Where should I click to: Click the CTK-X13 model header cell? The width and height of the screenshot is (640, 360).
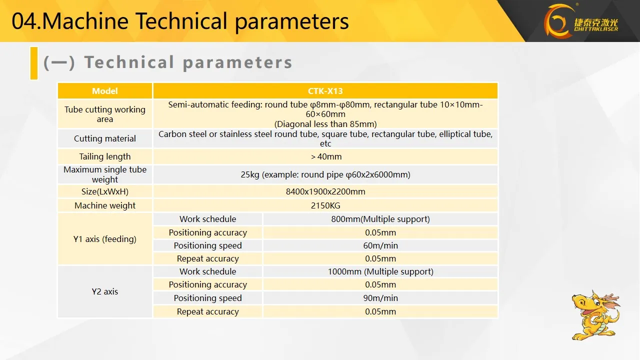(x=325, y=91)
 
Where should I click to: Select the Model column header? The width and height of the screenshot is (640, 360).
(x=105, y=91)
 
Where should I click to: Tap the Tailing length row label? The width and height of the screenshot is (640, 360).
(x=105, y=156)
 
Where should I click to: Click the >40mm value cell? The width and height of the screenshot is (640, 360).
(x=325, y=156)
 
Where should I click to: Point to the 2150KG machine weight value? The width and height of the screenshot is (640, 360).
(x=325, y=205)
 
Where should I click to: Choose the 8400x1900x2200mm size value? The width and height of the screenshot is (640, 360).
(x=325, y=191)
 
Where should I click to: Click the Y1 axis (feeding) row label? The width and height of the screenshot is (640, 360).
(x=105, y=239)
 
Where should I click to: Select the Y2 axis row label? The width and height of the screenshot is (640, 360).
(x=105, y=291)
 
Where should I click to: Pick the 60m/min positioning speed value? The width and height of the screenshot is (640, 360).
(x=380, y=245)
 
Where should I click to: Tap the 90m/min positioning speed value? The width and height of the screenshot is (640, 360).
(x=380, y=298)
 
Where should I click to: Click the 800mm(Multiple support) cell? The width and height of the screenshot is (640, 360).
(x=380, y=219)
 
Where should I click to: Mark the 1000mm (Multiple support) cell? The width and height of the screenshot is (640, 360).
(x=380, y=271)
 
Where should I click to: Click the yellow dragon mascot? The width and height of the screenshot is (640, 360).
(x=595, y=315)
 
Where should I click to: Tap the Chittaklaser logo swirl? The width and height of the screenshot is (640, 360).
(x=557, y=21)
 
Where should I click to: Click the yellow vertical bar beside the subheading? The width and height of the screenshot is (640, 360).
(x=34, y=63)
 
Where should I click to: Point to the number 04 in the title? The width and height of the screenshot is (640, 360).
(x=24, y=21)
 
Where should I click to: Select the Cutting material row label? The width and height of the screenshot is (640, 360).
(x=105, y=138)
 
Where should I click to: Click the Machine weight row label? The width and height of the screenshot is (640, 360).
(x=105, y=205)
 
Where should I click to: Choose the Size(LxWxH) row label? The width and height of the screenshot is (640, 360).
(x=105, y=191)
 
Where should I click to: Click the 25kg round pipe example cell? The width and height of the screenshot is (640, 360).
(x=325, y=174)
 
